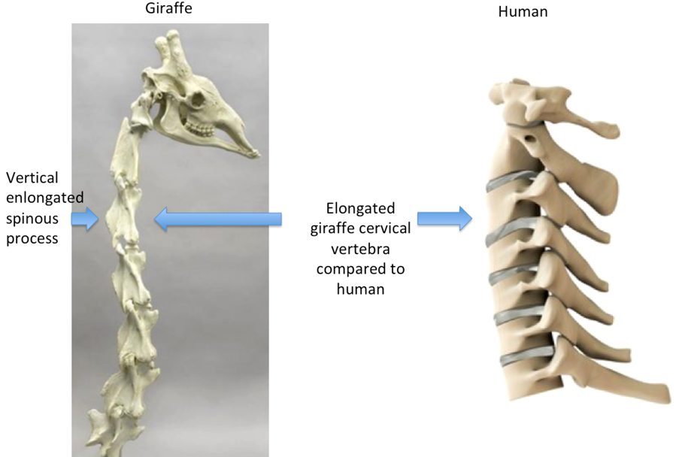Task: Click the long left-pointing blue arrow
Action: [217, 219]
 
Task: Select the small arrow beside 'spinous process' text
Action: [86, 219]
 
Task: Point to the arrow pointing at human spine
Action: [444, 219]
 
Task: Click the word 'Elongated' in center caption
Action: [361, 208]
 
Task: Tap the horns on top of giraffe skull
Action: [171, 53]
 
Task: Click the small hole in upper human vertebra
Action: [531, 138]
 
